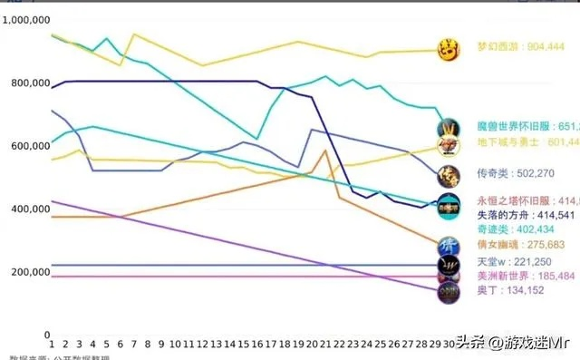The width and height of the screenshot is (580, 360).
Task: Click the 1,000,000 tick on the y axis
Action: [26, 20]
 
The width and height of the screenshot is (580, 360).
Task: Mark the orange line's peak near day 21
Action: [324, 151]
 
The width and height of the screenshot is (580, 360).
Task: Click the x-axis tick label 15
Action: [230, 345]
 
